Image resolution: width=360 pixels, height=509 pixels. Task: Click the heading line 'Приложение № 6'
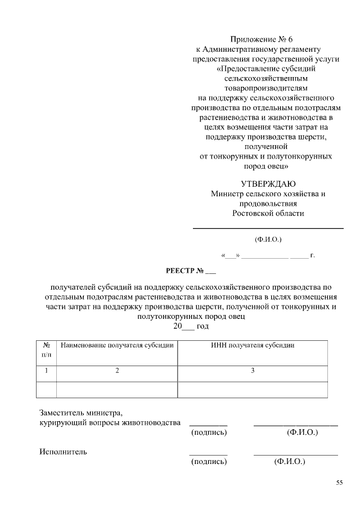click(x=262, y=39)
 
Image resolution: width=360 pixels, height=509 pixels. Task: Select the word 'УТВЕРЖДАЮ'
click(x=268, y=184)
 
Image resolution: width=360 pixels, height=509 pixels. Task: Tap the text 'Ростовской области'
click(x=268, y=213)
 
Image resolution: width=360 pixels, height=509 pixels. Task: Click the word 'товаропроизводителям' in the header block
click(x=267, y=88)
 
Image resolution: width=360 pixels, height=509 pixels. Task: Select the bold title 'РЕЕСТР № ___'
click(x=191, y=273)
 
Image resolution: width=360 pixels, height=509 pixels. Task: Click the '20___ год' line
click(x=191, y=326)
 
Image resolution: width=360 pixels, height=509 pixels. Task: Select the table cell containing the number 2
click(x=117, y=371)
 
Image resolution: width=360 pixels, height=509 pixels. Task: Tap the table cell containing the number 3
click(x=253, y=371)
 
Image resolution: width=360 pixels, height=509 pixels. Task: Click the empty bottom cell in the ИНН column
click(x=253, y=389)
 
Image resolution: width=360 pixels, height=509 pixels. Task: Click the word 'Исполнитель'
click(x=63, y=451)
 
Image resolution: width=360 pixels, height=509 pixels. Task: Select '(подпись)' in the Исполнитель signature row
click(x=209, y=462)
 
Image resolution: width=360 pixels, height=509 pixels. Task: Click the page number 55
click(x=339, y=483)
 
